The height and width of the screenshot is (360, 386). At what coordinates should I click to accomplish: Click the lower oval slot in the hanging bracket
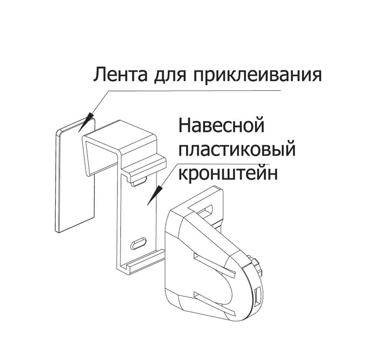[138, 242]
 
